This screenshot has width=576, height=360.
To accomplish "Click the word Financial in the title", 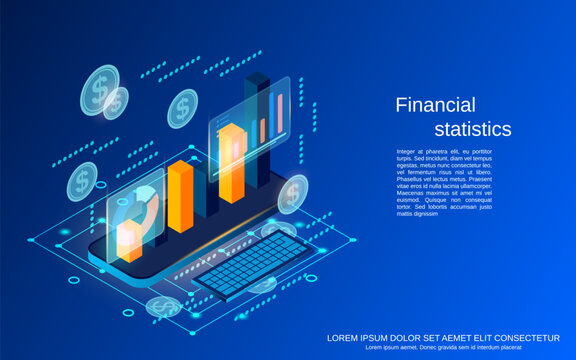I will [434, 105].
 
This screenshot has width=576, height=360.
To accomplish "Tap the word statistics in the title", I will [472, 129].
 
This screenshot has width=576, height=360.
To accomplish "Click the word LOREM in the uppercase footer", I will [344, 337].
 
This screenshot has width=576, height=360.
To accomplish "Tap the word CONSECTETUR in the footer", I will [536, 337].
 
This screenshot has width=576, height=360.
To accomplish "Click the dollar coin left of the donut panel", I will [82, 181].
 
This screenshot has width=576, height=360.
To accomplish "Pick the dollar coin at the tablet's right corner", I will [293, 193].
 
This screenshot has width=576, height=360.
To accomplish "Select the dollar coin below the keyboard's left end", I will [163, 306].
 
